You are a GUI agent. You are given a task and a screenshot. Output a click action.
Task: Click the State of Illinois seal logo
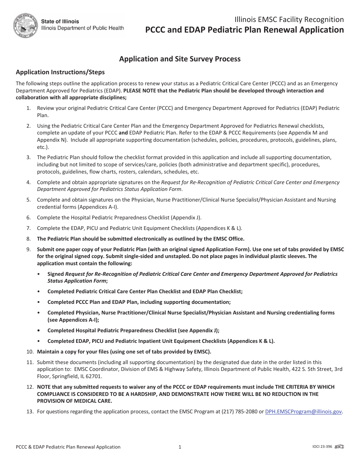coord(26,25)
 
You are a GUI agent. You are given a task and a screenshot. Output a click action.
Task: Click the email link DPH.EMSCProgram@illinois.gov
coord(304,411)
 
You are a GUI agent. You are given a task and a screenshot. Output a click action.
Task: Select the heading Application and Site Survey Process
coord(180,59)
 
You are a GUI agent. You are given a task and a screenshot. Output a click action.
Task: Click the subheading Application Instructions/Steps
coord(60,72)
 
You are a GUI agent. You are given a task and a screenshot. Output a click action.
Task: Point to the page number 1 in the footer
coord(180,447)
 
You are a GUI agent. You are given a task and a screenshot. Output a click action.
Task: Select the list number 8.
coord(28,239)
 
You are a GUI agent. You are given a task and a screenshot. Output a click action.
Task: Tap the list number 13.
coord(30,411)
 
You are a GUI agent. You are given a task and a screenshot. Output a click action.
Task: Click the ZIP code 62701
coord(94,377)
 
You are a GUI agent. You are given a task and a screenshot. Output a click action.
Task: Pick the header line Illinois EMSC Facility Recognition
coord(289,20)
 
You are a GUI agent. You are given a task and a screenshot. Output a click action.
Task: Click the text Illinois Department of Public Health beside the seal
coord(82,28)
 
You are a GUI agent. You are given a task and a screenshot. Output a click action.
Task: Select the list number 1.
coord(28,108)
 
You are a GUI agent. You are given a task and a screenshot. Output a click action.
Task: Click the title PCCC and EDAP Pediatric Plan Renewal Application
coord(245,30)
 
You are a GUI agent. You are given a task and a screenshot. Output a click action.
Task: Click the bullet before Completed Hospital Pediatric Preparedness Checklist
coord(39,330)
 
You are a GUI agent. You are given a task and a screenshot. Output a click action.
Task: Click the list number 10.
coord(30,352)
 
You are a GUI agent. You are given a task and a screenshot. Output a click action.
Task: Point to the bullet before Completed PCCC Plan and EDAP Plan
coord(39,302)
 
